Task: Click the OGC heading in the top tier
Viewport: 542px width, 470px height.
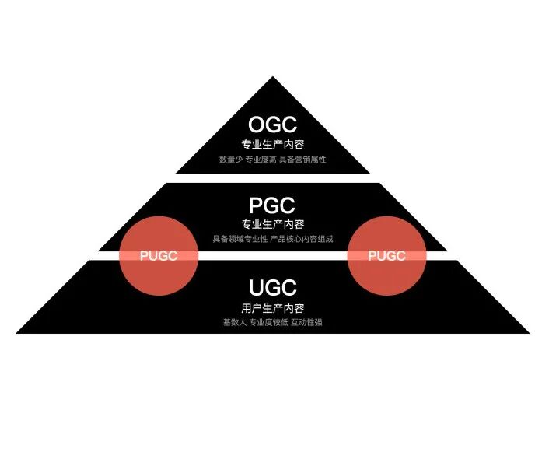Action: click(272, 125)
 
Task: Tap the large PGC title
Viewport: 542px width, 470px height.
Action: click(272, 206)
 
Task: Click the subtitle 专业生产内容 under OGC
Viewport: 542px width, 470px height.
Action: click(272, 144)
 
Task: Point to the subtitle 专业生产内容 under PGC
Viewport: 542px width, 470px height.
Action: click(272, 225)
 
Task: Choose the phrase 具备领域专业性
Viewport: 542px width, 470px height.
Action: click(239, 239)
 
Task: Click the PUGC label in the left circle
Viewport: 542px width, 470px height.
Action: click(159, 256)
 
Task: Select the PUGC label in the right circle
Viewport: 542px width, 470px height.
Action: click(386, 256)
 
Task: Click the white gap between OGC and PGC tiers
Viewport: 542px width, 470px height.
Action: click(272, 178)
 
